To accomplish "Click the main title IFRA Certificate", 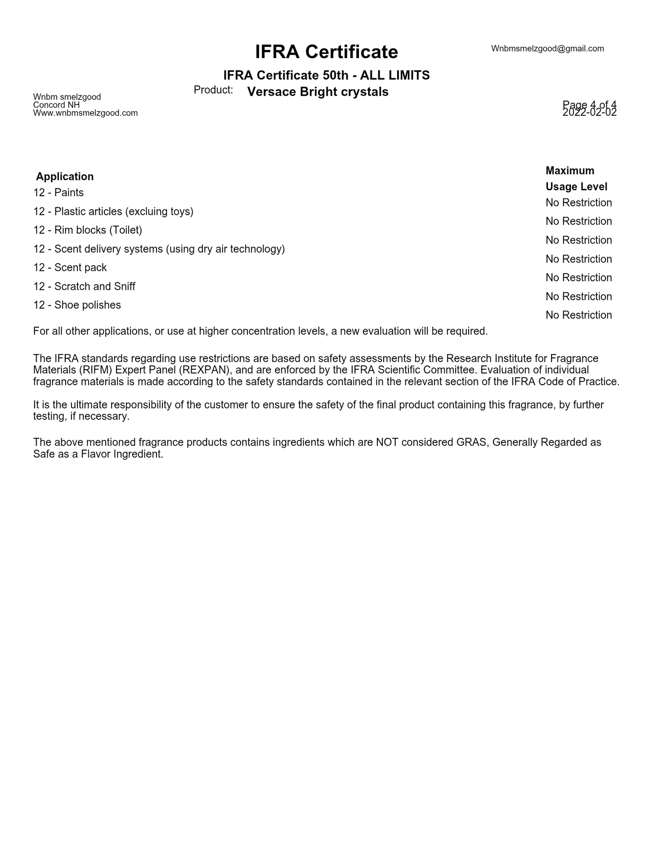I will click(x=326, y=52).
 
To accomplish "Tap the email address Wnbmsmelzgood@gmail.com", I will click(x=547, y=49).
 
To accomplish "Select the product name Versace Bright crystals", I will click(x=318, y=92).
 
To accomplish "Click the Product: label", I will click(x=213, y=90).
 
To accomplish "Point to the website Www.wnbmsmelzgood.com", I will click(x=85, y=113).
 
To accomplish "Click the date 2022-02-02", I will click(x=589, y=113).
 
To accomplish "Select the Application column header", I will click(x=65, y=176).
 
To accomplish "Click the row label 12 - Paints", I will click(x=58, y=193).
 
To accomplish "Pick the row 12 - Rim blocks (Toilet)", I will click(x=88, y=230).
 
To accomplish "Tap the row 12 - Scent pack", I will click(x=70, y=268).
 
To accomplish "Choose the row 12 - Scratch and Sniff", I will click(x=84, y=287).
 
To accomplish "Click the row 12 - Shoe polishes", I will click(x=77, y=305).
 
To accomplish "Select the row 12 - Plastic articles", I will click(x=113, y=212).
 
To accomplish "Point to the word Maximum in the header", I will click(x=569, y=171).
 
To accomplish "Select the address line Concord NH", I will click(x=56, y=105).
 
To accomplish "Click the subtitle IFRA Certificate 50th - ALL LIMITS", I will click(x=326, y=75).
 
